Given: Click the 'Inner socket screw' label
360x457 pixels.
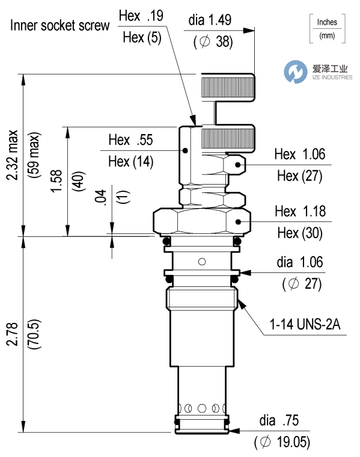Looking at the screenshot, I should click(x=59, y=25).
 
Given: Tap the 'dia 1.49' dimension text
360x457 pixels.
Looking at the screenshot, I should click(x=209, y=20).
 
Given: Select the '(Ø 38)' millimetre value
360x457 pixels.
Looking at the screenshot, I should click(x=210, y=43).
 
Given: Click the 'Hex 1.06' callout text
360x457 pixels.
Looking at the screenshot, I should click(x=299, y=155).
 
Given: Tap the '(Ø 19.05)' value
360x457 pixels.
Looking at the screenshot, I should click(x=282, y=443).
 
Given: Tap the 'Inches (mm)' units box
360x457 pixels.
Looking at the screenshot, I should click(x=327, y=29).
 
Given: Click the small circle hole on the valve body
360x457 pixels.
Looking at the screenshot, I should click(x=202, y=261).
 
